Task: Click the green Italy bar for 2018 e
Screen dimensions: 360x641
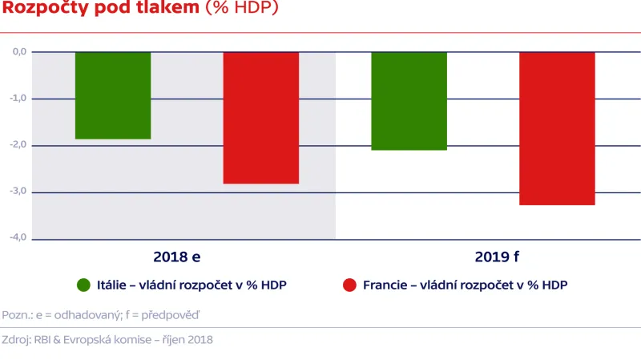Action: point(113,95)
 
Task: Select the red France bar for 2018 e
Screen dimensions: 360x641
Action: point(260,117)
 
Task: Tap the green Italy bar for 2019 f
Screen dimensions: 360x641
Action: point(409,101)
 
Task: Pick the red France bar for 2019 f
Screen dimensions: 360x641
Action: point(557,128)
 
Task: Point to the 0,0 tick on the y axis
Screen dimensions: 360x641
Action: point(19,51)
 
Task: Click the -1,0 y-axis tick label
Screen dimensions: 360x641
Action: point(18,98)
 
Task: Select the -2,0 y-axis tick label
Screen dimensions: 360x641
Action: point(18,145)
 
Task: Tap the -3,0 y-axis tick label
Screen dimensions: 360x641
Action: point(18,192)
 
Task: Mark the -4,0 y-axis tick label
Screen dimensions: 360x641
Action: point(18,238)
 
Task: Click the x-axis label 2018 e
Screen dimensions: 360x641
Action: point(177,258)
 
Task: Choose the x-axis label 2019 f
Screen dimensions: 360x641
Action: point(497,258)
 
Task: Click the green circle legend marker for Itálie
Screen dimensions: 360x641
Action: point(83,285)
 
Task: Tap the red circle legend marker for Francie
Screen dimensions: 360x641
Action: point(349,285)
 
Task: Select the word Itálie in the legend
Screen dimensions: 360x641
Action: point(112,285)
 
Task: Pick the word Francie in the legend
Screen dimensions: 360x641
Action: point(384,285)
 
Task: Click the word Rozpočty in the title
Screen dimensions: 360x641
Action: point(46,9)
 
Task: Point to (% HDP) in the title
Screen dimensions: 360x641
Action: point(243,9)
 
